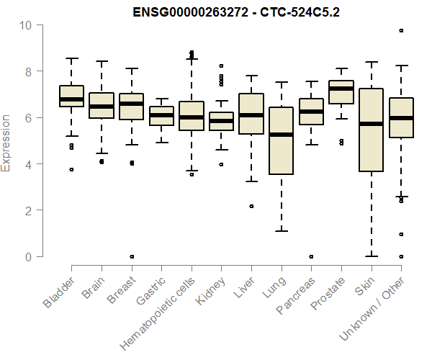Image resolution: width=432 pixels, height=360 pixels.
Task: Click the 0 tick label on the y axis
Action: [30, 256]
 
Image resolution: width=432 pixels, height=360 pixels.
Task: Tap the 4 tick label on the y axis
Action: [30, 164]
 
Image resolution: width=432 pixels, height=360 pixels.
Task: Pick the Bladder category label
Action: [58, 292]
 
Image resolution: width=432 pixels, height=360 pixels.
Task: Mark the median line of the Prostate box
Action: [341, 89]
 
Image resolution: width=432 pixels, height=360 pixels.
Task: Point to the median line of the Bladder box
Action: [71, 99]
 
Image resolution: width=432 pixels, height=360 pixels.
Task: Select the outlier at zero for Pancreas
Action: [311, 256]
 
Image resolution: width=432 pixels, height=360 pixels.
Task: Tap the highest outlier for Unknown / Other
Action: [401, 30]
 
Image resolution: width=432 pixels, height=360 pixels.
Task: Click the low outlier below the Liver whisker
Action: [251, 206]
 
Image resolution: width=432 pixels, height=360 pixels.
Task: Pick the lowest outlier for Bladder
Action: [71, 169]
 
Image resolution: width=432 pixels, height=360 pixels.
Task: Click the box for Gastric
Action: [161, 116]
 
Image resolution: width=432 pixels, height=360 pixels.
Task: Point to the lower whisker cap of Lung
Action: [281, 231]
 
